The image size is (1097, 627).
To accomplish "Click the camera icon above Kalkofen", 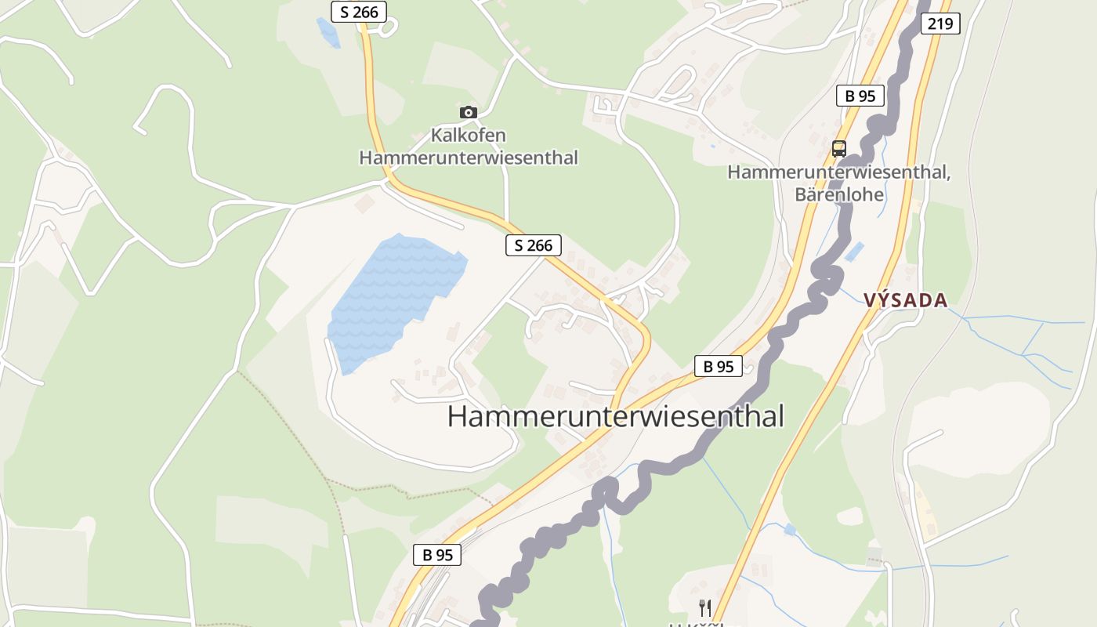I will (469, 112).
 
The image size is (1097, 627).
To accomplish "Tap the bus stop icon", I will (839, 148).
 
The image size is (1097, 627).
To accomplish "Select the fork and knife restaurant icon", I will (705, 607).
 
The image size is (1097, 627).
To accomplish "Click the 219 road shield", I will (940, 24).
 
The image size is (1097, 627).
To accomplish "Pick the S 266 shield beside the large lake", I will (533, 245).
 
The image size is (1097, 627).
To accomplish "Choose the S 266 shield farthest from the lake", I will (359, 12).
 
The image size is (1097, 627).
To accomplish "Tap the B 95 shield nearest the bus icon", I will (860, 96).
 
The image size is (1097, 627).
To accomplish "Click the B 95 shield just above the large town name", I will (718, 366).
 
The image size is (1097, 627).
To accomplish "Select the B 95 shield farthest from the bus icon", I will (437, 555).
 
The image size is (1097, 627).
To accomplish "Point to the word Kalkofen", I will (468, 136).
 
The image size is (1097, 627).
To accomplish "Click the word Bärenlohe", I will (839, 194).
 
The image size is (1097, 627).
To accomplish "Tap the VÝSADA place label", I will (906, 300).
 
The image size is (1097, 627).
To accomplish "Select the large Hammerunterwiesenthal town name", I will (615, 416).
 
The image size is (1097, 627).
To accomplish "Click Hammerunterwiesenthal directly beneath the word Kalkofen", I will (468, 158).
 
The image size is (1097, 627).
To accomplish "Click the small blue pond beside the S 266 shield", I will (328, 32).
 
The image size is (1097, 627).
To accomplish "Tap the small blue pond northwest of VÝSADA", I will (854, 252).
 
